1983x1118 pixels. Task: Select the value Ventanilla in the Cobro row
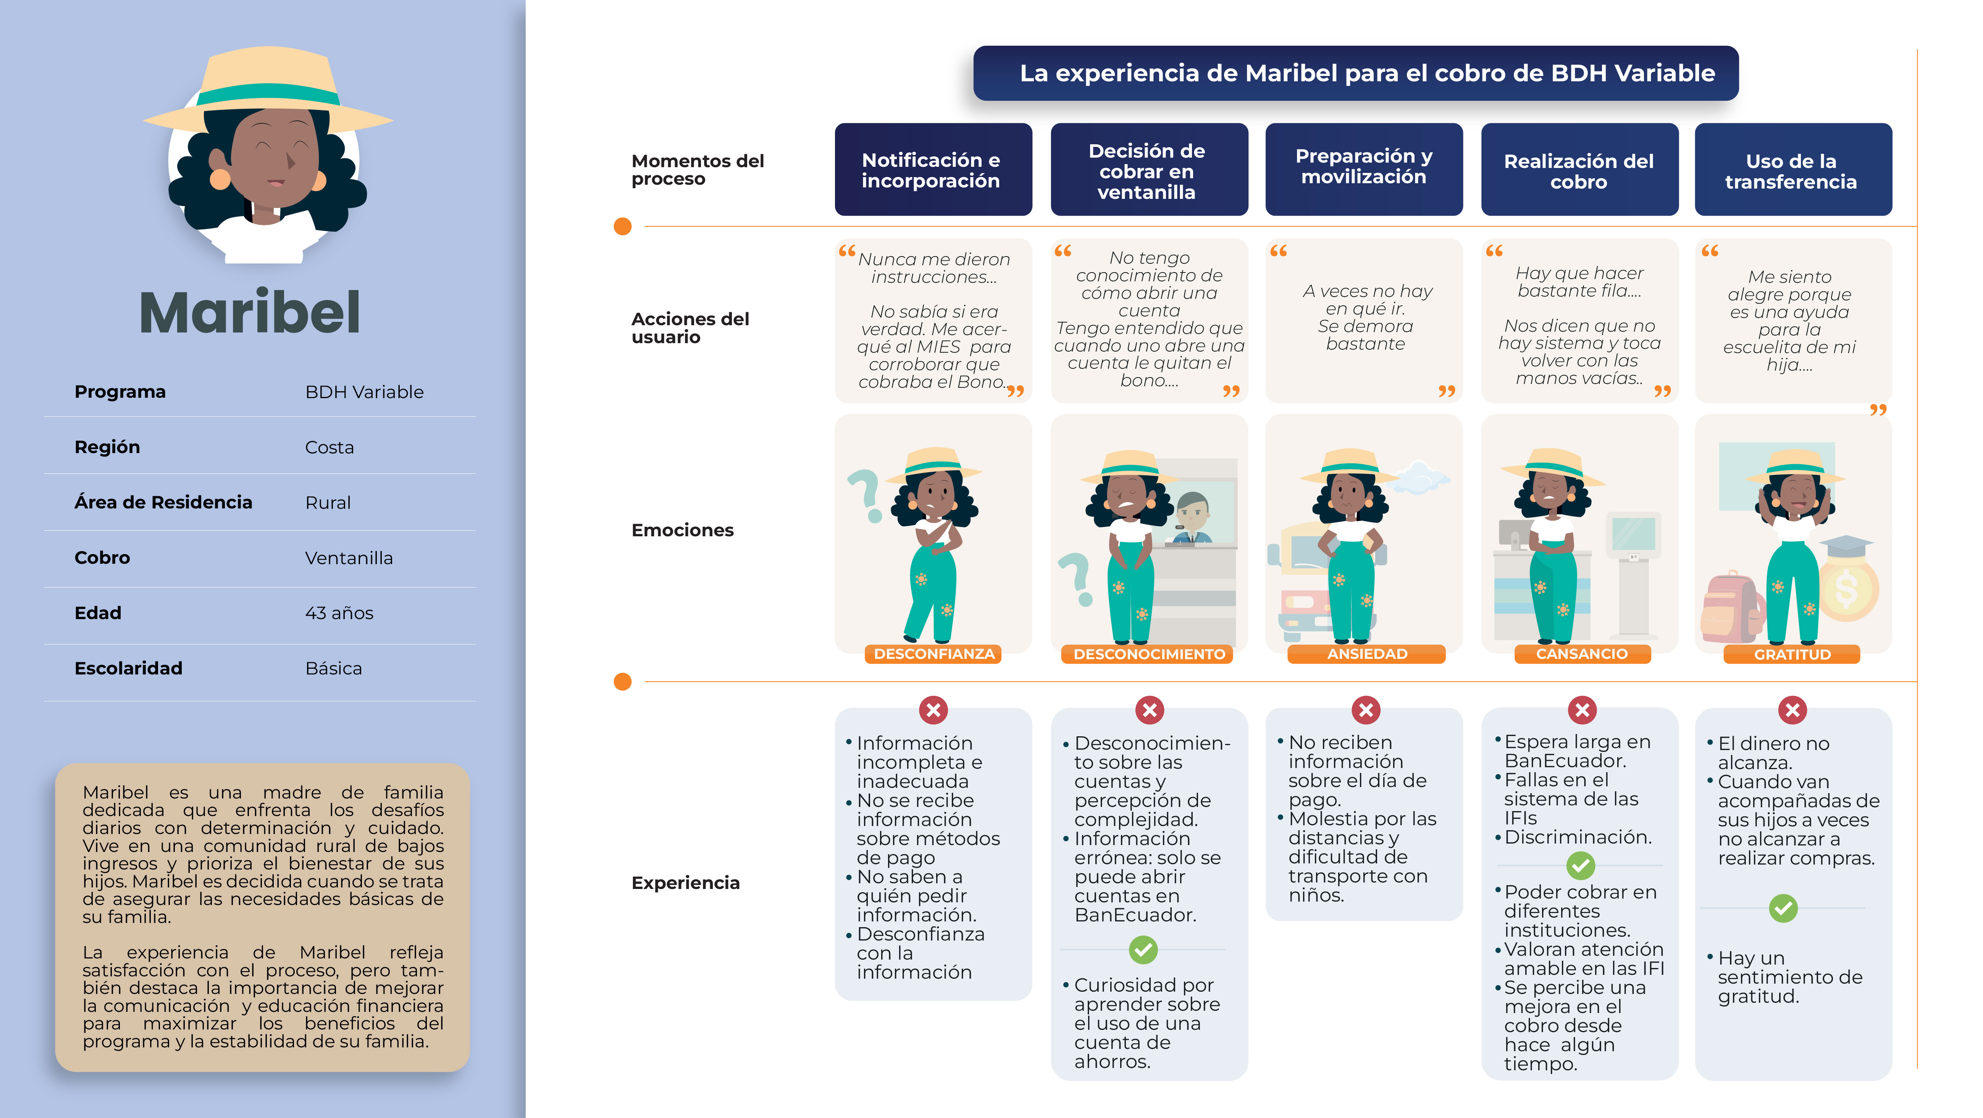point(349,558)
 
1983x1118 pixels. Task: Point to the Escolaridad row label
point(129,668)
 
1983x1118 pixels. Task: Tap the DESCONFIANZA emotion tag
point(934,654)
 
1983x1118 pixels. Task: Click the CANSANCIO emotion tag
point(1582,654)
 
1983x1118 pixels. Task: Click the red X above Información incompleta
point(934,710)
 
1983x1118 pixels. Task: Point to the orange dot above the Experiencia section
point(623,682)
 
